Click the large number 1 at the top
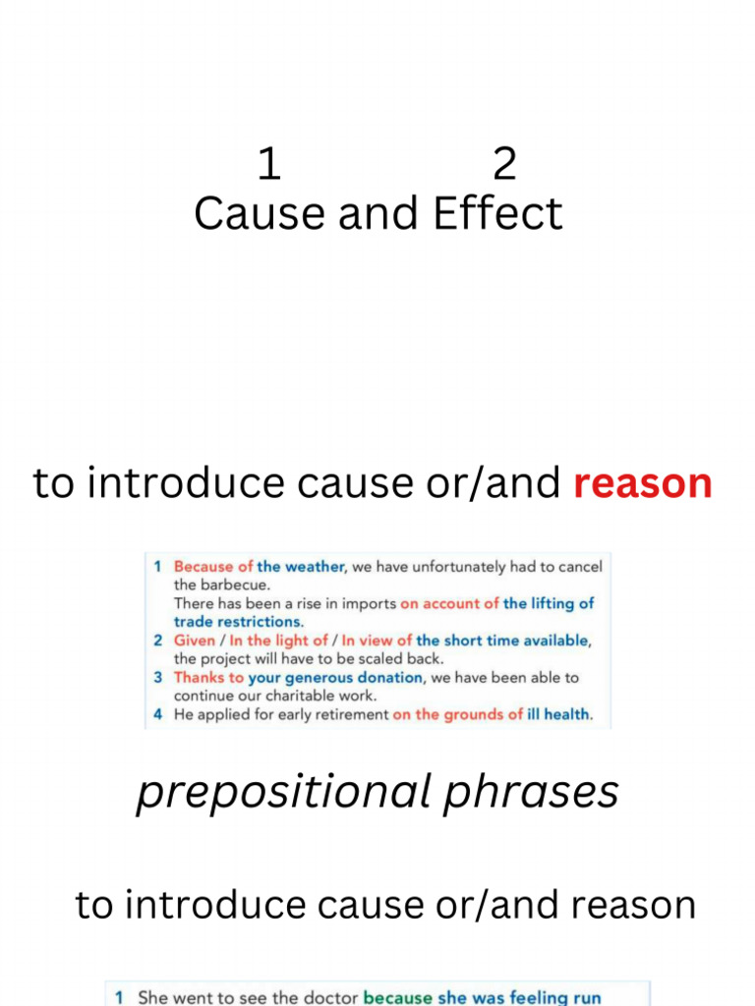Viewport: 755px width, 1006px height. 268,164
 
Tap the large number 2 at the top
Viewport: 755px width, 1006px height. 504,164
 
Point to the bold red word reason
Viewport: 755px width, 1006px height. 642,483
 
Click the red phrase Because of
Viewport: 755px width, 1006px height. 213,567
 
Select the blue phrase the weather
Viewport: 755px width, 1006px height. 301,567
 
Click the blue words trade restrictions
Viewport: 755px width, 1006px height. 239,622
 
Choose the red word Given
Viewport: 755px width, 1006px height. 194,641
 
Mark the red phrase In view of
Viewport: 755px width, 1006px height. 377,641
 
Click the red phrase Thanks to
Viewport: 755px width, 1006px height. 208,678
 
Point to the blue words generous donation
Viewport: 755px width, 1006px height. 353,678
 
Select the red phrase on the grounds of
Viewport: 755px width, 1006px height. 457,715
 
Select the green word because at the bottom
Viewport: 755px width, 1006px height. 397,997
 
